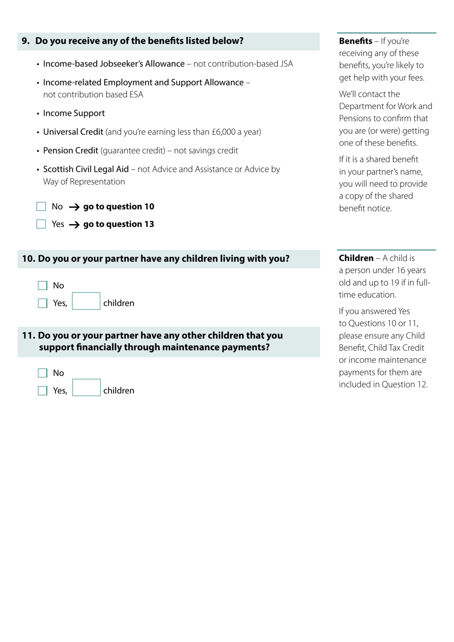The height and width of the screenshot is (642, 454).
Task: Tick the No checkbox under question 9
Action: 41,207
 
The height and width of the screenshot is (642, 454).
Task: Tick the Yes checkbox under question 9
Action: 41,224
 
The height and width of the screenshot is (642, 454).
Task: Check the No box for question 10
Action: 43,286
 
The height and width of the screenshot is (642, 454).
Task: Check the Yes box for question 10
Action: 43,303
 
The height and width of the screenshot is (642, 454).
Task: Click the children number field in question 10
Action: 86,301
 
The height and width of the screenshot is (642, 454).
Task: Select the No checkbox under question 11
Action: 43,373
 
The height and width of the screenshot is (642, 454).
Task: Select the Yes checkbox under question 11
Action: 43,391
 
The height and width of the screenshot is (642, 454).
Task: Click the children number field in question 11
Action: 86,388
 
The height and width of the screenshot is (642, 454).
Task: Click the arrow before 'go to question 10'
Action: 74,207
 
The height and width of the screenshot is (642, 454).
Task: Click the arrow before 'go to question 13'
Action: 74,225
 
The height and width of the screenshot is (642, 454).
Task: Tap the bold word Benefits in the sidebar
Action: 356,41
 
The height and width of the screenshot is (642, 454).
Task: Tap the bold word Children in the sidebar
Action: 356,258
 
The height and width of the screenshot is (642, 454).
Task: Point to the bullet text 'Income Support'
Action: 74,113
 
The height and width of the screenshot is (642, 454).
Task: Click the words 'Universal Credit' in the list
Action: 73,132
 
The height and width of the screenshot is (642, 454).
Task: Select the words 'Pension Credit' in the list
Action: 71,151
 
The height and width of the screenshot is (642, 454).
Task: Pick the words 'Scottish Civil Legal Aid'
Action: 86,169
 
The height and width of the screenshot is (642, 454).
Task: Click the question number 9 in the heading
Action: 25,41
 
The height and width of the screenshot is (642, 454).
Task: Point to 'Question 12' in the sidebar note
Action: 407,385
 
